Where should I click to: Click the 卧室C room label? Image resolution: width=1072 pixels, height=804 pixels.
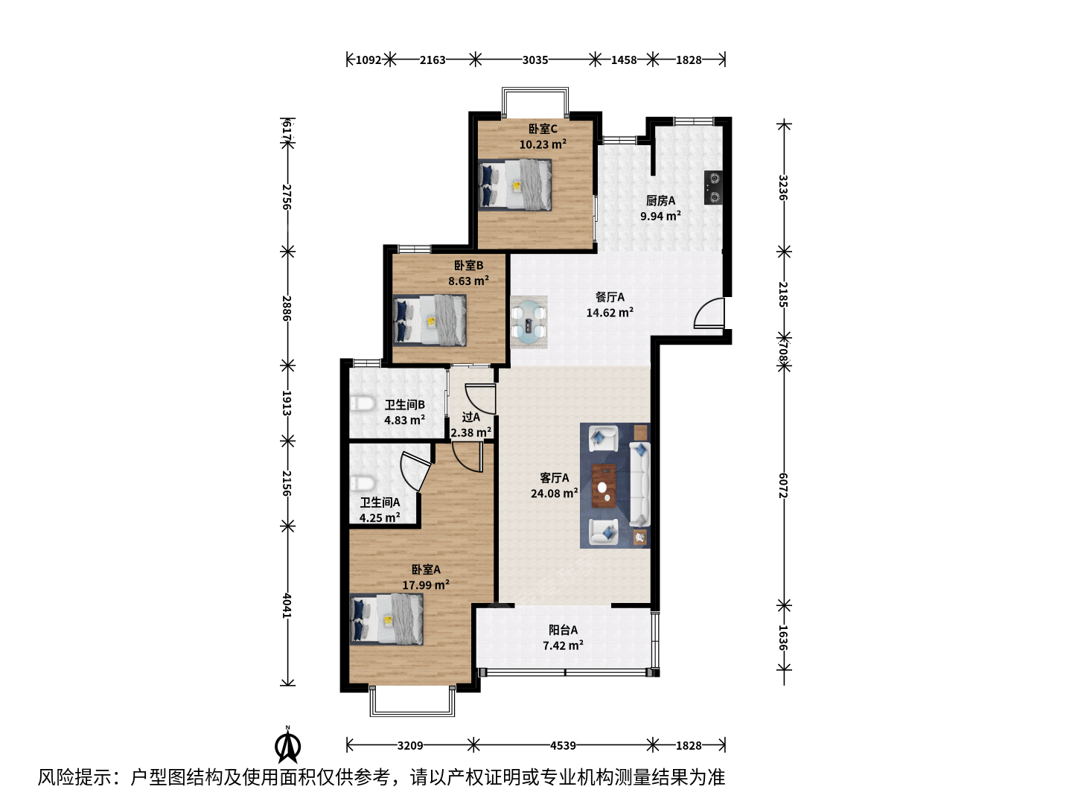click(x=543, y=129)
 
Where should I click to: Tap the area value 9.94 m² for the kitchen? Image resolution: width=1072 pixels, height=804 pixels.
click(x=660, y=216)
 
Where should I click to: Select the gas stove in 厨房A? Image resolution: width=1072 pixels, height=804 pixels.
click(x=713, y=188)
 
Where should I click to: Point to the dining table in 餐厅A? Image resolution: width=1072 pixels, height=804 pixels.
click(x=529, y=322)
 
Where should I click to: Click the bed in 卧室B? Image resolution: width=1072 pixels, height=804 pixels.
click(x=430, y=320)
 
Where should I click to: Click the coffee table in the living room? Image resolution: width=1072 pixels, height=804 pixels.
click(x=604, y=485)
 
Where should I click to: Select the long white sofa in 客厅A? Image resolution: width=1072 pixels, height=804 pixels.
click(x=639, y=484)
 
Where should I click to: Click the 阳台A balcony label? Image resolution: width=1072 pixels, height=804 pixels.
click(x=563, y=630)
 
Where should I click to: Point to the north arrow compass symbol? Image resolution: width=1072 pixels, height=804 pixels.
click(x=287, y=745)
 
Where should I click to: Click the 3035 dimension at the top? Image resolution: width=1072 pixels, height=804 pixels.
click(x=535, y=60)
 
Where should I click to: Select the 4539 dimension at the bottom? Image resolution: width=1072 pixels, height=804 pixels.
click(x=563, y=745)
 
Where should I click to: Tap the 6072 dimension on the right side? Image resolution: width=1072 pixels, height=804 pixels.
click(x=783, y=485)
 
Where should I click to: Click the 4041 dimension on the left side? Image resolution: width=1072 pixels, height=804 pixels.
click(x=287, y=605)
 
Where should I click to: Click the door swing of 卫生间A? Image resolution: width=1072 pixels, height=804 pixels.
click(x=415, y=471)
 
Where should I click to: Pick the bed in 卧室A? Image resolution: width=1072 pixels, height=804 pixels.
click(x=386, y=619)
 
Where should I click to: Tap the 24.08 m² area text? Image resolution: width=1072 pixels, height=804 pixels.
click(x=555, y=493)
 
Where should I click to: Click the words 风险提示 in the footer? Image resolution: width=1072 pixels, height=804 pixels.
click(x=74, y=777)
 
